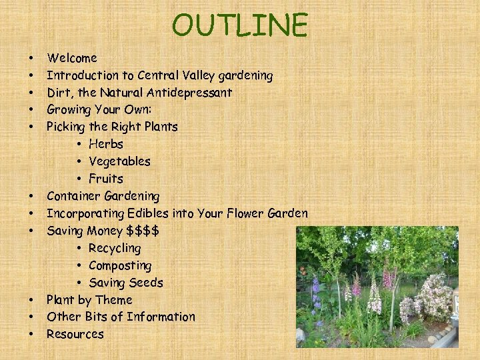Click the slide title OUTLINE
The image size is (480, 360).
coord(240,25)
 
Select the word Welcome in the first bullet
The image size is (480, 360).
coord(72,58)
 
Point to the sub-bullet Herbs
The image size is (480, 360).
coord(105,144)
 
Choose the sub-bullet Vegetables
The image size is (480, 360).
coord(119,161)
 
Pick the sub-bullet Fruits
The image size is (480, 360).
coord(105,179)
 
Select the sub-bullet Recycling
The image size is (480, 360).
coord(115,248)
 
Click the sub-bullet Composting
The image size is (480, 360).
coord(120,265)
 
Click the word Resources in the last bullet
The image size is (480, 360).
coord(75,334)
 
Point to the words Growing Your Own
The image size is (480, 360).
coord(99,109)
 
